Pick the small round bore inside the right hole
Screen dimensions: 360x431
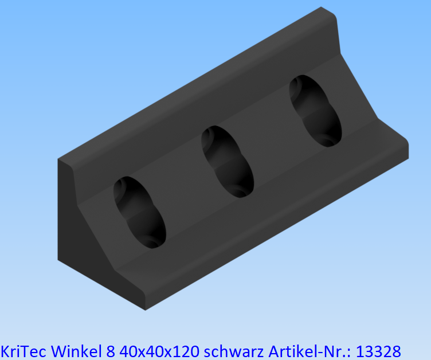(x=328, y=138)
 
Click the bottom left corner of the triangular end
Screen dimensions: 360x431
(x=59, y=261)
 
